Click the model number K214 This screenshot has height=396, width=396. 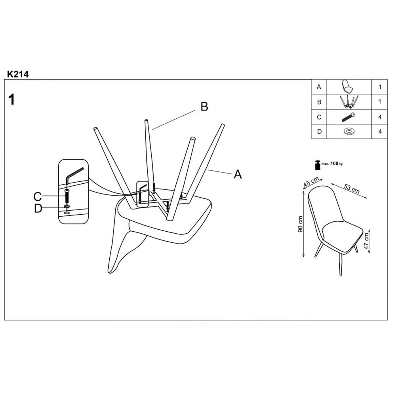18,74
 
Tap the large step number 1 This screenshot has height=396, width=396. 11,99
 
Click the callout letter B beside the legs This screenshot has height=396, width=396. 204,107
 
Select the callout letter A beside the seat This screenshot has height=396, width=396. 238,174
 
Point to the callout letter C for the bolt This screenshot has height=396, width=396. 38,196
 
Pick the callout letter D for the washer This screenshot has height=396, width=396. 38,209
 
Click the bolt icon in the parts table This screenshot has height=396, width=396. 349,117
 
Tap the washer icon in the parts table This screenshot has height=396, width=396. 349,131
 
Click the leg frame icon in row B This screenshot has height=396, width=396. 349,102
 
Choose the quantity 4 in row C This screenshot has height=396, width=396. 380,117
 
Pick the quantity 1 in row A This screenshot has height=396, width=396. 380,87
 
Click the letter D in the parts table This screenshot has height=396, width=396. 320,131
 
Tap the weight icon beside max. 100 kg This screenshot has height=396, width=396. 317,165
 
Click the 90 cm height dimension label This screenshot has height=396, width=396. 300,224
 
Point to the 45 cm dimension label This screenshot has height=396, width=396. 311,182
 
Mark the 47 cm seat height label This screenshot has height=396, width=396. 366,240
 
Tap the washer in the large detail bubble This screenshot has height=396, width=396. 67,207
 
